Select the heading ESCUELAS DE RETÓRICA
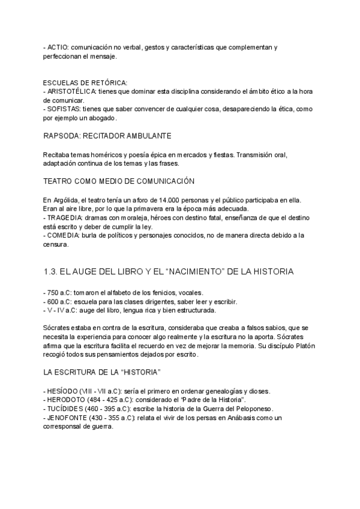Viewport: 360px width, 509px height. (85, 82)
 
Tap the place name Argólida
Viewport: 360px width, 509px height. (66, 200)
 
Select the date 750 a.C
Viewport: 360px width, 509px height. (62, 292)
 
